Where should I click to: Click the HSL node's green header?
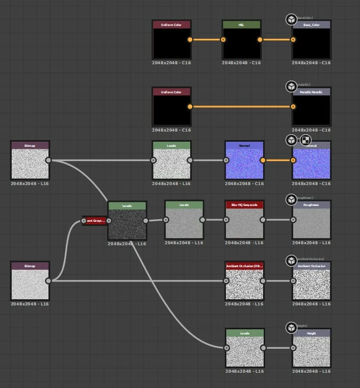[x=241, y=24]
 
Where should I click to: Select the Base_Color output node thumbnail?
[x=311, y=43]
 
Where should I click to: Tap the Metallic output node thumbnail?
[x=311, y=110]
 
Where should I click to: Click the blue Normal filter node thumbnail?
[x=244, y=164]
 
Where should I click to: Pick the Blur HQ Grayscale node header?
[x=244, y=205]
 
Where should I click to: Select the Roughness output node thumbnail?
[x=311, y=223]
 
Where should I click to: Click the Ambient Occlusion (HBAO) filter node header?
[x=244, y=266]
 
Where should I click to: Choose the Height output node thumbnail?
[x=311, y=351]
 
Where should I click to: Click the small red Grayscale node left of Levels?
[x=95, y=221]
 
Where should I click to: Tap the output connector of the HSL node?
[x=260, y=39]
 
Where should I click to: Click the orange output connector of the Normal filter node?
[x=263, y=160]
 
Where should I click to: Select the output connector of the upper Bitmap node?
[x=48, y=160]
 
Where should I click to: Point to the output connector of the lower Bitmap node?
[x=48, y=281]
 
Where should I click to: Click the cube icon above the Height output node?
[x=291, y=327]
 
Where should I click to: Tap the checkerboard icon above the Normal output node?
[x=305, y=140]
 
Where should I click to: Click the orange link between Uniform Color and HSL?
[x=207, y=39]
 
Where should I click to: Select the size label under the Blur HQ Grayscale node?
[x=244, y=243]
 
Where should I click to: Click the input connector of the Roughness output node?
[x=293, y=220]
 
